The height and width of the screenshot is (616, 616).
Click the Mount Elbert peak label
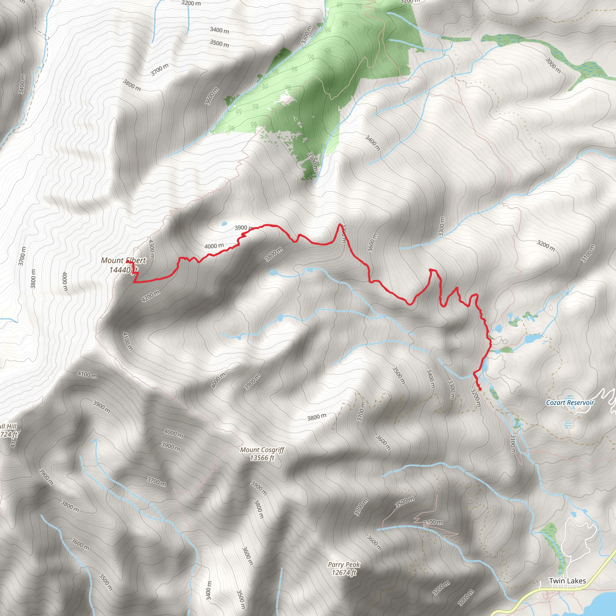123,260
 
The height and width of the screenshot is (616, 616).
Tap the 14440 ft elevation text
123,270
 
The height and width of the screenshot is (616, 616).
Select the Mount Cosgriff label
262,450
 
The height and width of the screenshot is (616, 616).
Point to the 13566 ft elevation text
262,458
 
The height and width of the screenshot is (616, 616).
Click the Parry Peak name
344,564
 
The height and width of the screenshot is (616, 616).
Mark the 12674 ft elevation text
344,573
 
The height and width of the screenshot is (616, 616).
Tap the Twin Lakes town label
567,581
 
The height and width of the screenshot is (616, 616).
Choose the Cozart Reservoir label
570,403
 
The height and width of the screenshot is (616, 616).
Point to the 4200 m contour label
150,296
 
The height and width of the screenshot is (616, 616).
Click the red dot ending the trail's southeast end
480,389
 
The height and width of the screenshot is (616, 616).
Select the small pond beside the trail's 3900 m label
224,223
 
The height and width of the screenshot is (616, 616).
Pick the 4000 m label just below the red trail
214,246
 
